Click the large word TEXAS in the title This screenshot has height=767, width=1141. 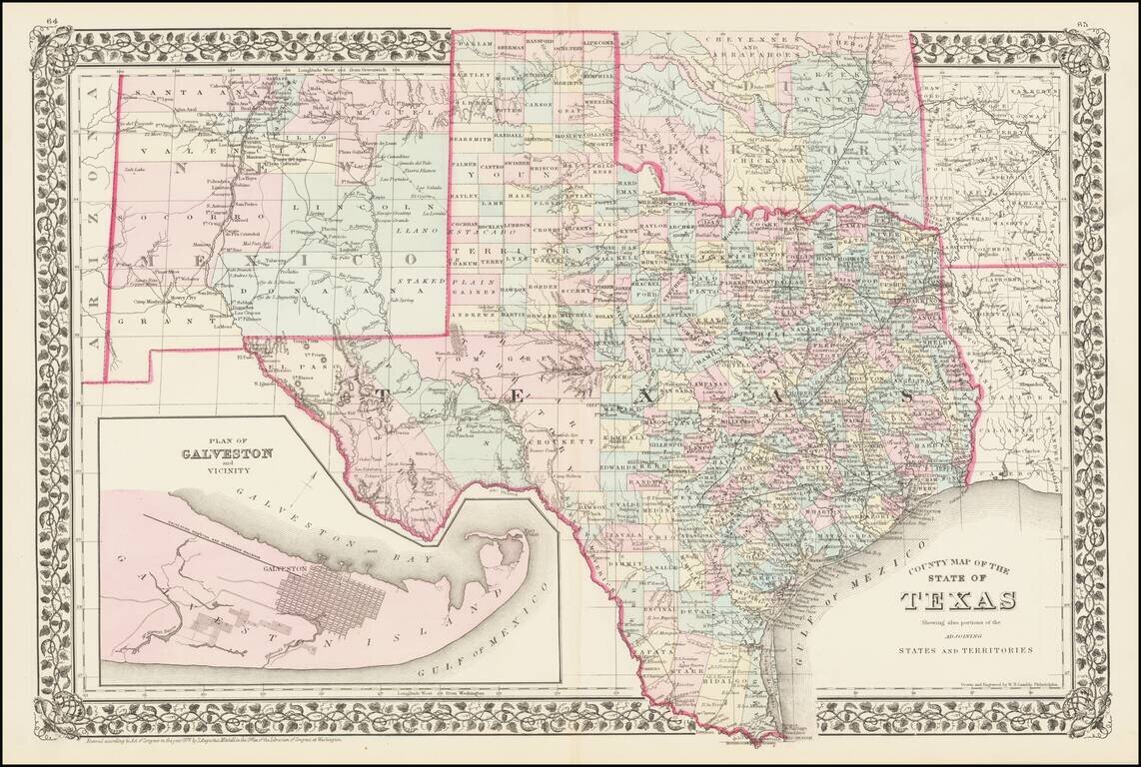pyautogui.click(x=959, y=600)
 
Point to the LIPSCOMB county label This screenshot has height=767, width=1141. pyautogui.click(x=600, y=46)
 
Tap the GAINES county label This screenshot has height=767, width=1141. pyautogui.click(x=477, y=293)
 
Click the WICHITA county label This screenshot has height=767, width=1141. pyautogui.click(x=685, y=204)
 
